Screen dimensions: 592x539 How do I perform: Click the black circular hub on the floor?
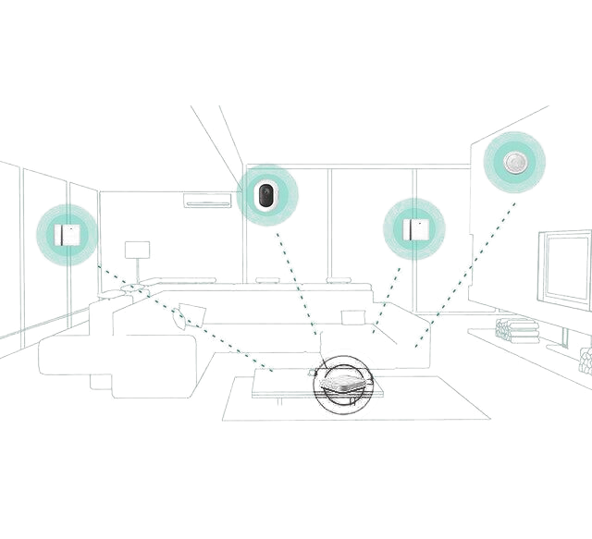pos(344,385)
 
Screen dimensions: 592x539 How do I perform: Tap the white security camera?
pos(266,196)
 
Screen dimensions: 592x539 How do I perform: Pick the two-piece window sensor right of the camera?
pos(413,228)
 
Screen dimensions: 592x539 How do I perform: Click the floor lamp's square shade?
pos(137,251)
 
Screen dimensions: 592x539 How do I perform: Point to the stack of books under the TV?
pos(516,330)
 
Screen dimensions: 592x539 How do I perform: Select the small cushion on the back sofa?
pos(354,317)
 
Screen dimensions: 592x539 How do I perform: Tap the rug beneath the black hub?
pos(425,398)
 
